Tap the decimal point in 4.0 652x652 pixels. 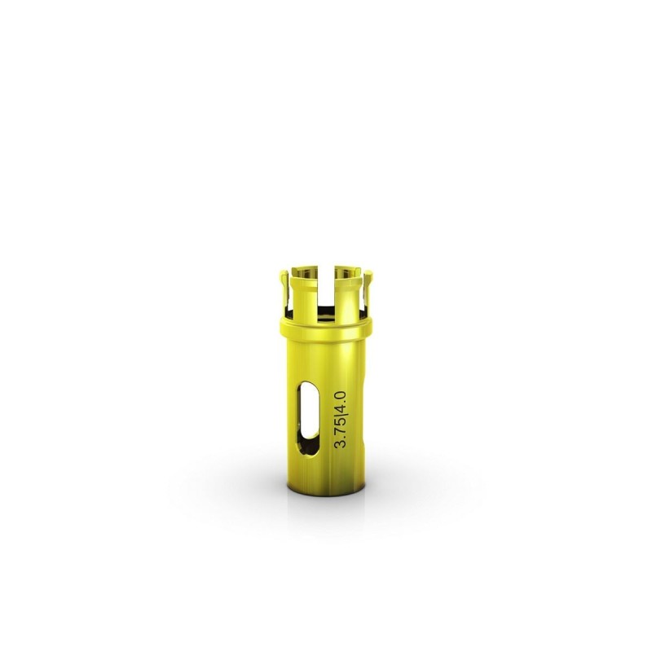[x=346, y=403]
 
